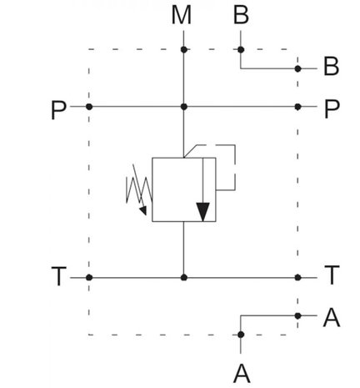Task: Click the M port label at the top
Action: click(182, 15)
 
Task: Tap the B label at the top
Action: click(241, 15)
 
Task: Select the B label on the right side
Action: click(331, 67)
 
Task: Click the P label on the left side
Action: click(58, 110)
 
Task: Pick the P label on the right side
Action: click(332, 109)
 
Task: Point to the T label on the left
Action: click(59, 276)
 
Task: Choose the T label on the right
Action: click(332, 275)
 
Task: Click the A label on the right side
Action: click(332, 317)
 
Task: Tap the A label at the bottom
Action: click(242, 374)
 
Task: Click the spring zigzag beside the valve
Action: click(139, 190)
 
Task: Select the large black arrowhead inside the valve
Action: click(202, 212)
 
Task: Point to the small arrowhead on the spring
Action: click(143, 210)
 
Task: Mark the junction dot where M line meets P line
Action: click(184, 107)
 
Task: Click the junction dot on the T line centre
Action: click(184, 277)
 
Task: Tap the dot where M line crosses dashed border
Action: click(184, 49)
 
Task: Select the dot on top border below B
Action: click(241, 50)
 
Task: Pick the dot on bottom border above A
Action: click(241, 335)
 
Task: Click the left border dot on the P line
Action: click(89, 107)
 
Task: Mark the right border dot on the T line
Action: click(297, 277)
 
